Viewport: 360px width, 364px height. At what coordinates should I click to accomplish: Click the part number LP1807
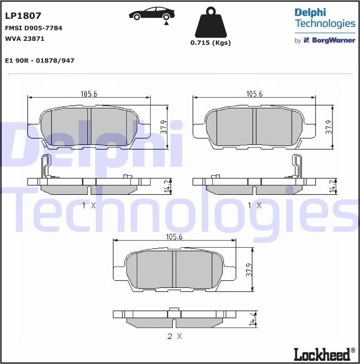pos(23,16)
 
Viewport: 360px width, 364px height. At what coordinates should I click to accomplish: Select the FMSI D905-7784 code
pos(34,28)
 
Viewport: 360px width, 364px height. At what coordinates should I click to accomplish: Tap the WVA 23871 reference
pos(24,39)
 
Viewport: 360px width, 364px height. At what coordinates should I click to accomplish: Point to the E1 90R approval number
pos(40,61)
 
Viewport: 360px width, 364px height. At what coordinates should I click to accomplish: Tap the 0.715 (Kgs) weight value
pos(211,43)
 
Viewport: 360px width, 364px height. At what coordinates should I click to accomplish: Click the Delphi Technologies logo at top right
pos(325,18)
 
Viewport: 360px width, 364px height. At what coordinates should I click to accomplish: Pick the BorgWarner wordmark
pos(333,40)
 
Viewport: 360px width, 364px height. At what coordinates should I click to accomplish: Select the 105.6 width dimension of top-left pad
pos(89,94)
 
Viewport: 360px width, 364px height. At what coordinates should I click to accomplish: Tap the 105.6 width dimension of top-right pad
pos(254,94)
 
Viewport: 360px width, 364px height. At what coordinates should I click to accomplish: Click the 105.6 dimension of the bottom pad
pos(175,237)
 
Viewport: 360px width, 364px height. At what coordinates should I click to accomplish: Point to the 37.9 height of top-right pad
pos(329,127)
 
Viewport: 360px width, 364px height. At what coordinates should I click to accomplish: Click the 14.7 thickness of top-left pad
pos(167,186)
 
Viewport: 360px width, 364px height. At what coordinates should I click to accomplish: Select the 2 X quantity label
pos(174,336)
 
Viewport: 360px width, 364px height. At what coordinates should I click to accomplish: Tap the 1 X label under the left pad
pos(89,205)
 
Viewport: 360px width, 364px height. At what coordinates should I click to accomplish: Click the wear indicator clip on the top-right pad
pos(297,166)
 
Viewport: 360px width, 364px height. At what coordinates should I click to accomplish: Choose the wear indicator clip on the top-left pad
pos(46,166)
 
